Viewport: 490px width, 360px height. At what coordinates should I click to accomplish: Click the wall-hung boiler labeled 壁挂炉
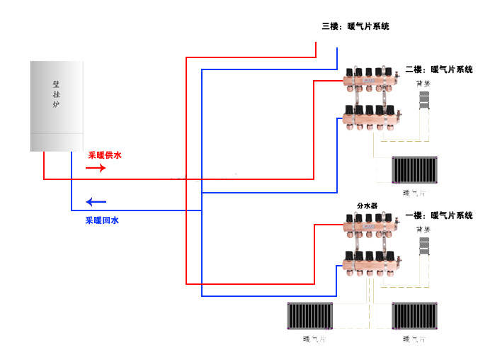pos(57,106)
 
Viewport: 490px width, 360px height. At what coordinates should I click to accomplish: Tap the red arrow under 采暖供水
pos(96,168)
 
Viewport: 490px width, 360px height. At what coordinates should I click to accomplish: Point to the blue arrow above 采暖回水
pos(96,201)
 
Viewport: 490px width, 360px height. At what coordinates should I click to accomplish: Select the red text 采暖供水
pos(105,155)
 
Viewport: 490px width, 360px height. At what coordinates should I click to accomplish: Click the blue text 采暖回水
pos(102,220)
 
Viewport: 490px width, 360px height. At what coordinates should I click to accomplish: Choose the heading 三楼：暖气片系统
pos(355,26)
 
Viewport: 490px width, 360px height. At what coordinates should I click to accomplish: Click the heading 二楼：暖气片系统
pos(438,69)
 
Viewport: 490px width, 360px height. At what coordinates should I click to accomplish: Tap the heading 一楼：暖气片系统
pos(438,215)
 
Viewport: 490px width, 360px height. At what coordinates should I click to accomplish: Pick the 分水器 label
pos(367,206)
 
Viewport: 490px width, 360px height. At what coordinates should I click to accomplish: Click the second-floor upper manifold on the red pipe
pos(370,81)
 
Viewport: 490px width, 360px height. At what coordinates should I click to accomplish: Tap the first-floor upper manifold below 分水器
pos(370,227)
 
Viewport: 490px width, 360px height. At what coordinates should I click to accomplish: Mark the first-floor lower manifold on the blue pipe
pos(370,263)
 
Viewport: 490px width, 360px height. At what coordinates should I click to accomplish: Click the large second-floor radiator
pos(416,171)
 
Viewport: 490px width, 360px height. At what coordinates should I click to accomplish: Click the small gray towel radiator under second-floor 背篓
pos(423,99)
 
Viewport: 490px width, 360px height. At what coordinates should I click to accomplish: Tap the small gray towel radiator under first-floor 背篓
pos(424,246)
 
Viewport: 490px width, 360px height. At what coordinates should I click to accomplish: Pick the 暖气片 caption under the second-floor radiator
pos(414,193)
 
